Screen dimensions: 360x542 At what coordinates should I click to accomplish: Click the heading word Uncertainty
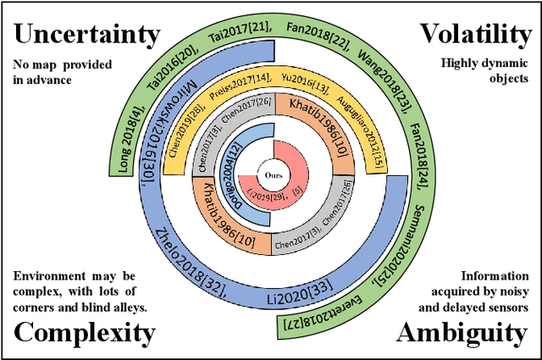(87, 34)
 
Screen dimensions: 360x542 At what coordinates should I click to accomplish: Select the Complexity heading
(85, 332)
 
